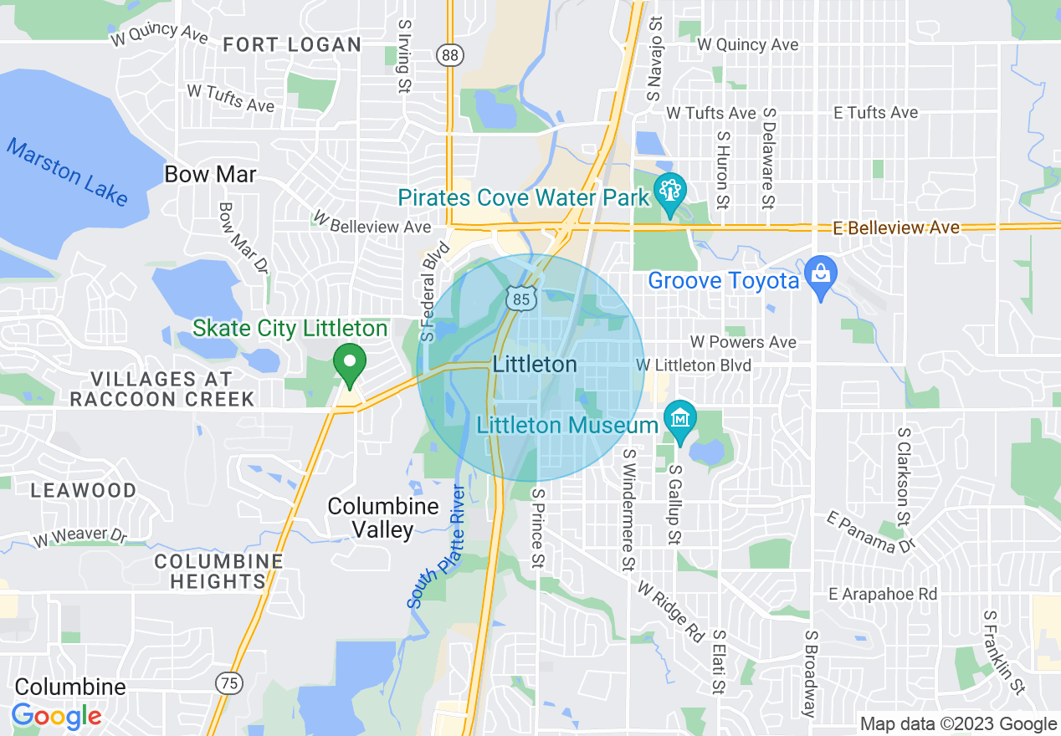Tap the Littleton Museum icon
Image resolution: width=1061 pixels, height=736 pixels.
click(680, 417)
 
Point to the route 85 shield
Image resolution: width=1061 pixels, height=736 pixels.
click(520, 297)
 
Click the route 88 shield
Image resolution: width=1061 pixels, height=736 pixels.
click(450, 55)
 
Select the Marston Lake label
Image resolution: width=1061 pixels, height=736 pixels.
click(68, 172)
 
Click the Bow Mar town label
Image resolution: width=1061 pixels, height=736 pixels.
click(210, 175)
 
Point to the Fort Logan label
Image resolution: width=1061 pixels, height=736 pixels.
click(292, 45)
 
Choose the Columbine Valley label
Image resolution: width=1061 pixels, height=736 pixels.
click(371, 518)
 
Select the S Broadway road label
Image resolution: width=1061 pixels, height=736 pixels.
click(810, 673)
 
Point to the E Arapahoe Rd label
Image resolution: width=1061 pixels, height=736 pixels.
click(882, 594)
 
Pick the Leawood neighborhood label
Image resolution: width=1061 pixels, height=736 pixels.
click(83, 490)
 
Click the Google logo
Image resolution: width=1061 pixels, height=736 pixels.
click(57, 716)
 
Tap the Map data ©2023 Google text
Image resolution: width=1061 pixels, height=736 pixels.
click(958, 724)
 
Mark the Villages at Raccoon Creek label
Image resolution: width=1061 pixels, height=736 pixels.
click(161, 390)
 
